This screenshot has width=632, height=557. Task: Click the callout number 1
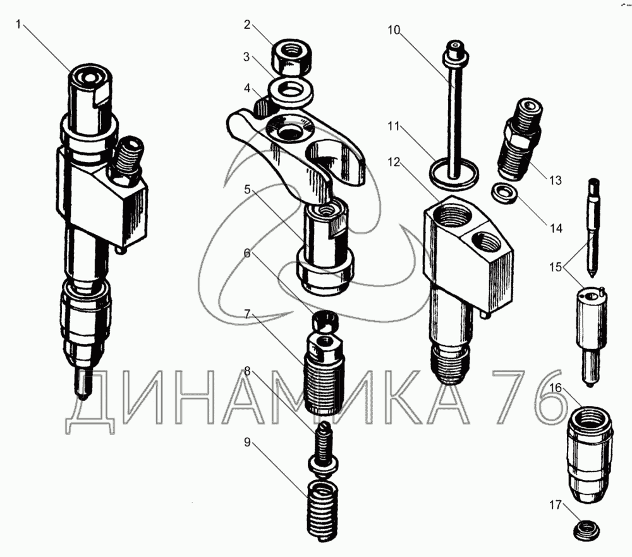click(x=18, y=24)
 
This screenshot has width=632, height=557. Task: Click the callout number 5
click(x=247, y=189)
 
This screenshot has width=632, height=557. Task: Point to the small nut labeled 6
click(x=325, y=321)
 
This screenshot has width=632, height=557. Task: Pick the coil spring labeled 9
click(x=322, y=511)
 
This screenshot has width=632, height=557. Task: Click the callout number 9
click(x=247, y=443)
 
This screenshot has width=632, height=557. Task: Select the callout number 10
click(x=394, y=30)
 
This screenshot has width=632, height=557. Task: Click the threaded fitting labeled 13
click(x=520, y=139)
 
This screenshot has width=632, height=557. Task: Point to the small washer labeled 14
click(x=504, y=193)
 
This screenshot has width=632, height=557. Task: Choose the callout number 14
click(x=556, y=229)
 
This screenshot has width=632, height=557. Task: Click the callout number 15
click(x=556, y=267)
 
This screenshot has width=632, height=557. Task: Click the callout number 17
click(x=556, y=505)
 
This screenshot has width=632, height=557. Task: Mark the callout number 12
click(x=394, y=162)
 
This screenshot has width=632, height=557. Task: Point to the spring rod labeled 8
click(x=323, y=447)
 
